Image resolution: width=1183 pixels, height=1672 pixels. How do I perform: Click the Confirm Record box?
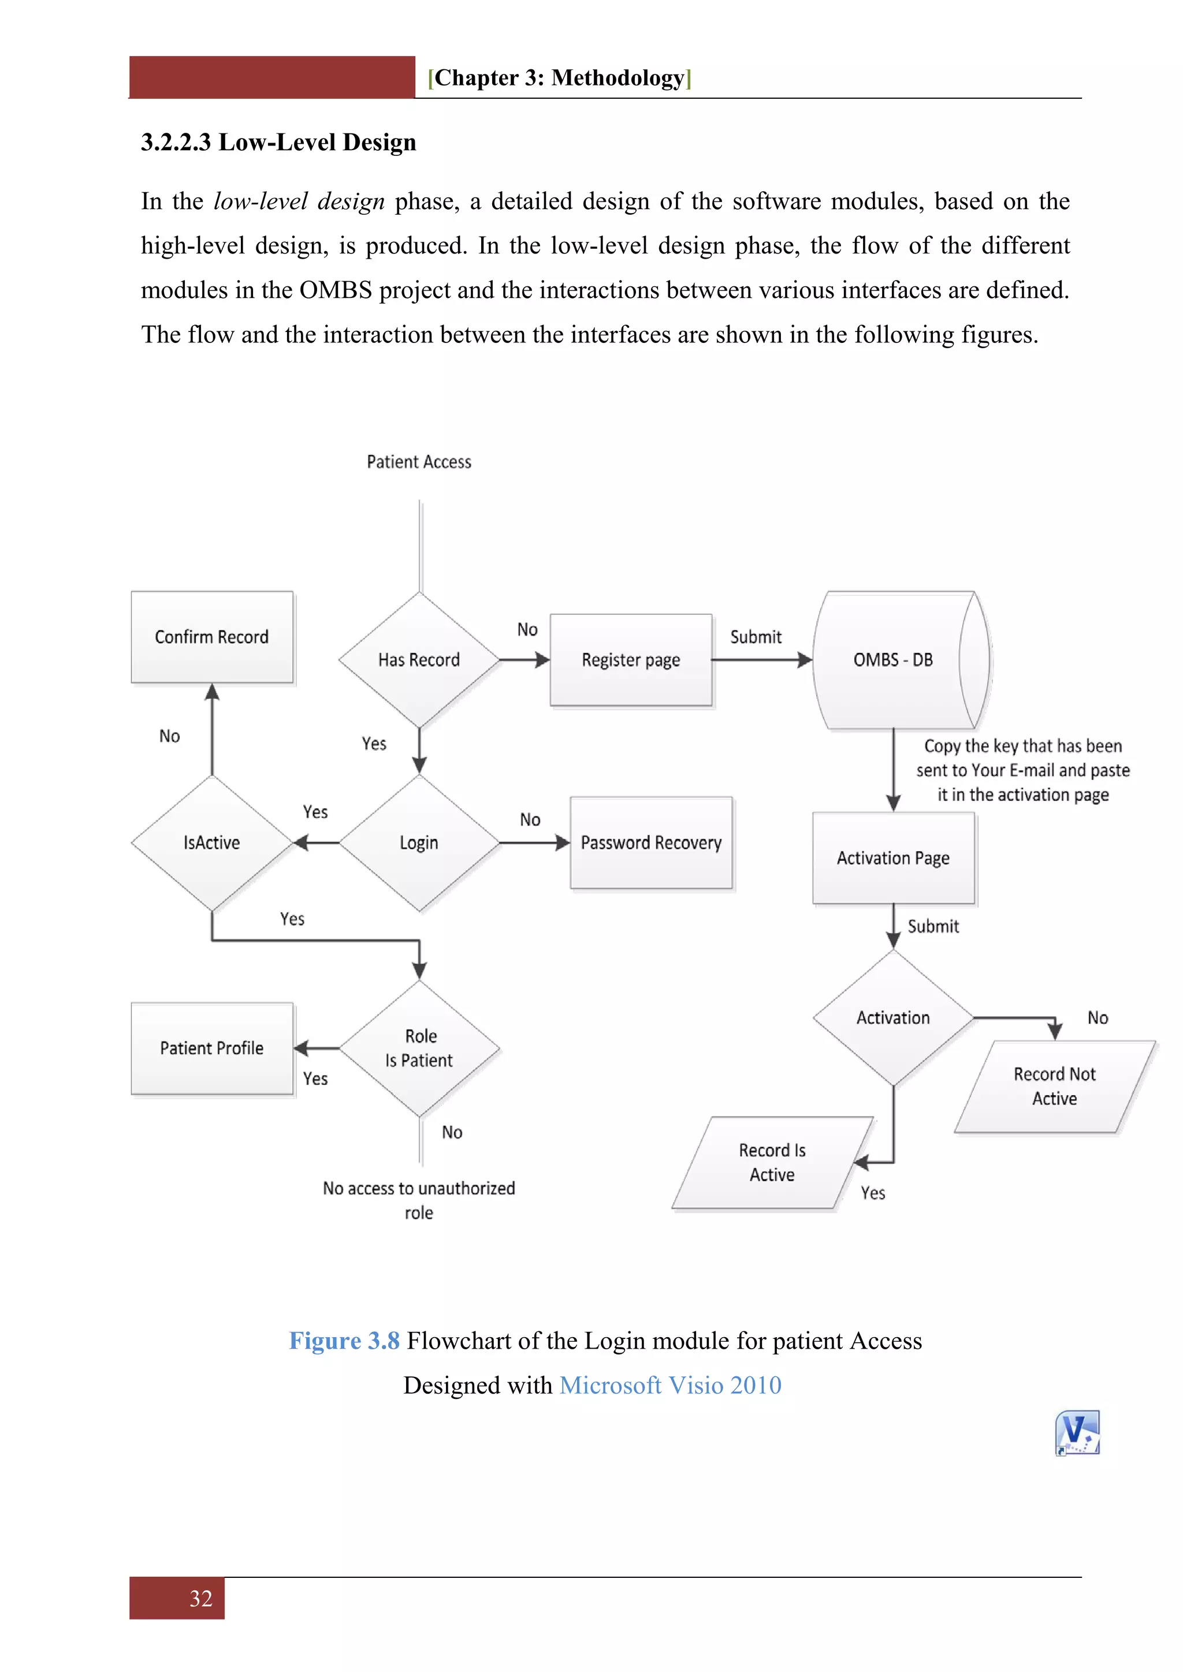pyautogui.click(x=212, y=637)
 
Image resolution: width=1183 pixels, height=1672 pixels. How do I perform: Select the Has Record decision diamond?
pyautogui.click(x=419, y=660)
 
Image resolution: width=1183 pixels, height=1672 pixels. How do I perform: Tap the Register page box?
pyautogui.click(x=631, y=660)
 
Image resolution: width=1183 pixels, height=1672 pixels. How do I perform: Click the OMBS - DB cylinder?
pyautogui.click(x=893, y=660)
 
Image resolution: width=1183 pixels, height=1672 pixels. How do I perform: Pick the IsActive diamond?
pyautogui.click(x=211, y=842)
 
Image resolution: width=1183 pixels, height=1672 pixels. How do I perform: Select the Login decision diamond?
pyautogui.click(x=419, y=842)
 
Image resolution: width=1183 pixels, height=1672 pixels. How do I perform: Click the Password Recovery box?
pyautogui.click(x=651, y=842)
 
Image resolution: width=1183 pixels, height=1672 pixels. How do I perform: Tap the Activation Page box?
pyautogui.click(x=893, y=858)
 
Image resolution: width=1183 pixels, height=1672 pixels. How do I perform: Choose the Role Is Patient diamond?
pyautogui.click(x=419, y=1048)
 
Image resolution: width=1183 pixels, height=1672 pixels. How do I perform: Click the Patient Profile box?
pyautogui.click(x=212, y=1048)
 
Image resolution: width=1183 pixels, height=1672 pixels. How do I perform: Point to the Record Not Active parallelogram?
pyautogui.click(x=1054, y=1086)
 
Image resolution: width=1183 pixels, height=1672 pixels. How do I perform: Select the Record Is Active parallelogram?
pyautogui.click(x=772, y=1162)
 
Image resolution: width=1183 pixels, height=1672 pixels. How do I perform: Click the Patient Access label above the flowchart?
pyautogui.click(x=419, y=462)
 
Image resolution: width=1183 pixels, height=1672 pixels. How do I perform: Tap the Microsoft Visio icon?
pyautogui.click(x=1077, y=1432)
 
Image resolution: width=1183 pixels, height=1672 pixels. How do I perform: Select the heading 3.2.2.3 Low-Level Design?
pyautogui.click(x=278, y=142)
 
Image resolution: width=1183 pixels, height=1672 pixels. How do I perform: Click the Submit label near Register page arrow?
pyautogui.click(x=756, y=637)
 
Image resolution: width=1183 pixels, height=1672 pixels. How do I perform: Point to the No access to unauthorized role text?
pyautogui.click(x=419, y=1200)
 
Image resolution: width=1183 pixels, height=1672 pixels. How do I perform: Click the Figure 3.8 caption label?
pyautogui.click(x=344, y=1341)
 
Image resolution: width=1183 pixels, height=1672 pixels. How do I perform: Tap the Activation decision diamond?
pyautogui.click(x=893, y=1017)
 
